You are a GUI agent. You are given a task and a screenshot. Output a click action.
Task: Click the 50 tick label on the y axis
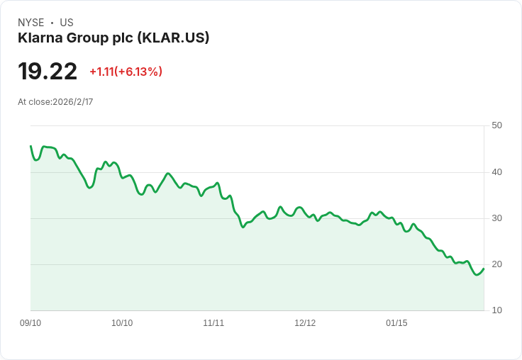click(x=496, y=125)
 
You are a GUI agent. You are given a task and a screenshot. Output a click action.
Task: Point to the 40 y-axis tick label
click(x=496, y=171)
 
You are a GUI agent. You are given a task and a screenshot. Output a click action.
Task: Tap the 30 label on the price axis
click(x=496, y=218)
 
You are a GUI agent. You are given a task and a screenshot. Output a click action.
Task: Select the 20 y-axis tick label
click(x=496, y=264)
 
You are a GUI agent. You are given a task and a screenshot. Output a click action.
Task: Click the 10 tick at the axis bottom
click(x=496, y=310)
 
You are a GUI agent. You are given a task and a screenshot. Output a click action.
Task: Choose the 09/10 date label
click(x=30, y=323)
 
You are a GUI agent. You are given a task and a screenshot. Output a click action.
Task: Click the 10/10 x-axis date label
click(x=122, y=323)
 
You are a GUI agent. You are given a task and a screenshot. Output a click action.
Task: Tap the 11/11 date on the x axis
click(x=213, y=323)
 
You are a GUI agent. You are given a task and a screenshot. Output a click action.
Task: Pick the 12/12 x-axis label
click(x=305, y=323)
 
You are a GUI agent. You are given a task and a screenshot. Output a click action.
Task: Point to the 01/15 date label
click(x=396, y=323)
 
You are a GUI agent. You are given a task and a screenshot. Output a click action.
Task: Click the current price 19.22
click(x=48, y=72)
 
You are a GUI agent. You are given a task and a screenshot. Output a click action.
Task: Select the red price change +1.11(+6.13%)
click(x=126, y=72)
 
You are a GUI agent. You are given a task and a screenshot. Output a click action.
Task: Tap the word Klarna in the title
click(x=38, y=38)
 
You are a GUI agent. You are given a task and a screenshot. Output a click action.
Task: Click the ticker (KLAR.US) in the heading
click(x=173, y=38)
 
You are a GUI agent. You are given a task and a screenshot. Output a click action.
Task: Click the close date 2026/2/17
click(x=73, y=102)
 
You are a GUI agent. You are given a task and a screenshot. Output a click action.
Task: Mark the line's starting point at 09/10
click(x=30, y=146)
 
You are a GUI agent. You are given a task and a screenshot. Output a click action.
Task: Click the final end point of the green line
click(x=484, y=269)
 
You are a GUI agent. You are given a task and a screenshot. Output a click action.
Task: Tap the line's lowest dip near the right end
click(x=477, y=274)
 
